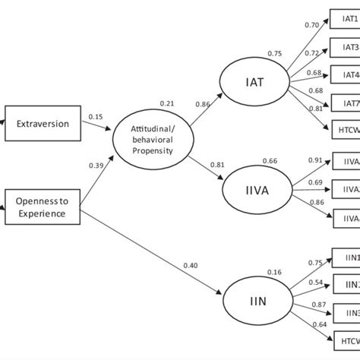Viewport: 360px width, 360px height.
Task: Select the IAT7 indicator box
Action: pyautogui.click(x=346, y=103)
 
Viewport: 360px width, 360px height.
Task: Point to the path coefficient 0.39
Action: pyautogui.click(x=96, y=166)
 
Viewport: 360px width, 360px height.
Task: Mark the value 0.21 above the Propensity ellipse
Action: pyautogui.click(x=166, y=103)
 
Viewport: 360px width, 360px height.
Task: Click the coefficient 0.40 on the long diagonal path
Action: pyautogui.click(x=191, y=264)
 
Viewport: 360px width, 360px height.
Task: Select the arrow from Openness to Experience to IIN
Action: pyautogui.click(x=152, y=254)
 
